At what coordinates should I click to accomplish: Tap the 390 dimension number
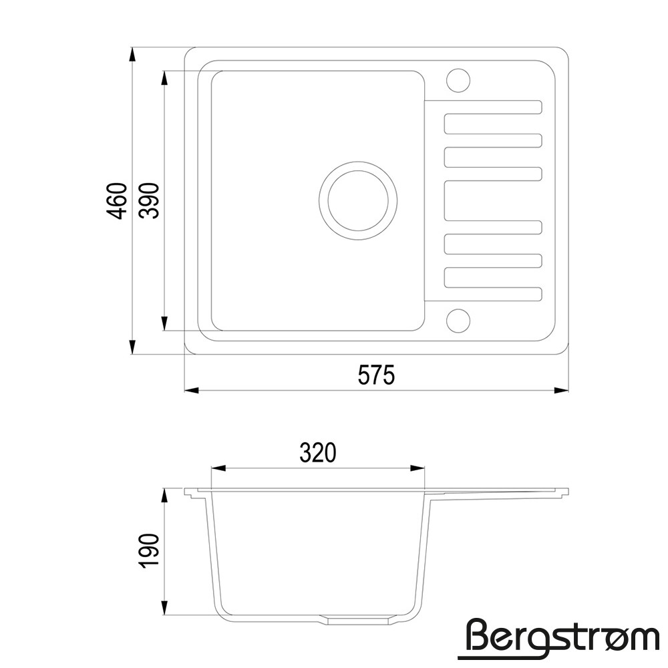[150, 201]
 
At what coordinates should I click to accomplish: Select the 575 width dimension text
[377, 375]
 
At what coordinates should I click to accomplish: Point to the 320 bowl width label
[318, 453]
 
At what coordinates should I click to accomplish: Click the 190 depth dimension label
[150, 550]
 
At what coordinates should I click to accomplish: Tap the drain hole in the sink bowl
[358, 200]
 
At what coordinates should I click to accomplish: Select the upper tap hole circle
[458, 80]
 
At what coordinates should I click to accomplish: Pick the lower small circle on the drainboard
[458, 321]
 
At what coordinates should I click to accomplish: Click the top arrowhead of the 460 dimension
[132, 55]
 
